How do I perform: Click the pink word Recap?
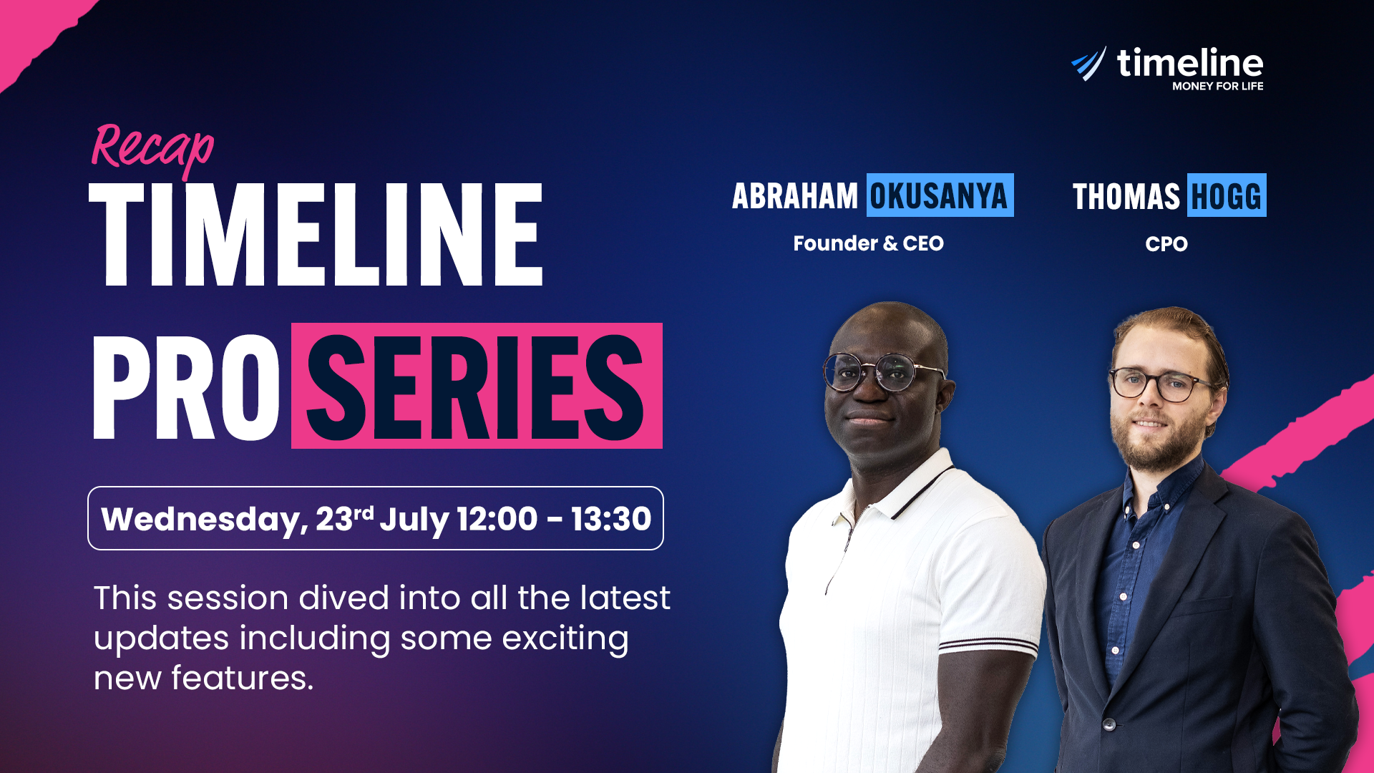(152, 149)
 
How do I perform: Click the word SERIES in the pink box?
(476, 386)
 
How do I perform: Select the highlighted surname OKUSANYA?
(939, 196)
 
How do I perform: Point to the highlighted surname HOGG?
(1227, 196)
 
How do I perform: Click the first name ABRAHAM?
(794, 196)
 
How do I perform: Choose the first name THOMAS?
(1126, 196)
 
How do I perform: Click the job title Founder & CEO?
(868, 243)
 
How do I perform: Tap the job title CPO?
(1166, 244)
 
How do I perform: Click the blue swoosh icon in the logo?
(1089, 64)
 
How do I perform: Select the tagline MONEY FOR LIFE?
(1217, 86)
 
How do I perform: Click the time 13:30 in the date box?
(611, 519)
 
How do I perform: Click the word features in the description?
(240, 678)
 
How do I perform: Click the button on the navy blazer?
(1109, 724)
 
